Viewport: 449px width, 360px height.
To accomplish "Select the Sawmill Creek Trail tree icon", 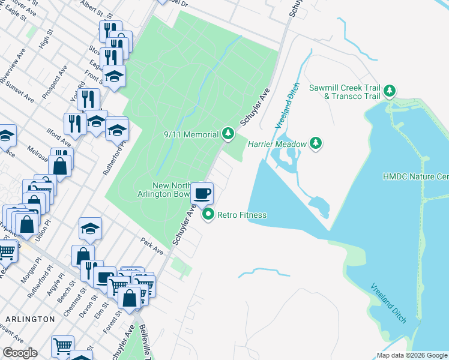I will tap(390, 91).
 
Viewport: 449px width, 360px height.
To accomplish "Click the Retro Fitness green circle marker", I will tap(208, 214).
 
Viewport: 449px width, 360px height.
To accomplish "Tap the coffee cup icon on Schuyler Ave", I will tap(202, 193).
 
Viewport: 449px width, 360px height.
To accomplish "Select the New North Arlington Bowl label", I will tap(172, 190).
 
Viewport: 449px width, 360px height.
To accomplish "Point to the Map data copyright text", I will tap(411, 355).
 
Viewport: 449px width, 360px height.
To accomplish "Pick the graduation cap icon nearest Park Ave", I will tap(90, 228).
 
